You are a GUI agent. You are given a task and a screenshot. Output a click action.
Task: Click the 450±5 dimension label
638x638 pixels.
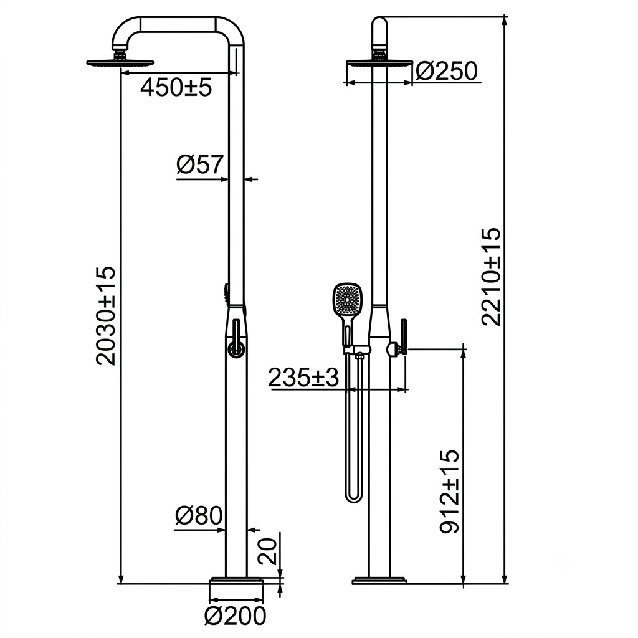pos(176,87)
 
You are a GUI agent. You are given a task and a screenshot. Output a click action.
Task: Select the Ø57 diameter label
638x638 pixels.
pos(200,164)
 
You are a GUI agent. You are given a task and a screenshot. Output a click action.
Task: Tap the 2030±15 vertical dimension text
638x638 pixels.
pos(106,316)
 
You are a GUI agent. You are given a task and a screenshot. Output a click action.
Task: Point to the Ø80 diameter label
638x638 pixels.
pos(199,515)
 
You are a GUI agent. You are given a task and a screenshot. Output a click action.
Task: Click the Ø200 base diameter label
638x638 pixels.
pos(235,616)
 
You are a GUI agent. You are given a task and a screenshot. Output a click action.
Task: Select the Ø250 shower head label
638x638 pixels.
pos(446,72)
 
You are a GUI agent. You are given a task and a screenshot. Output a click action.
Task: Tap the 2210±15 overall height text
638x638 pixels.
pos(490,277)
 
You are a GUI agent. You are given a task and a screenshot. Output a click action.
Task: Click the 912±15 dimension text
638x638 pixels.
pos(449,492)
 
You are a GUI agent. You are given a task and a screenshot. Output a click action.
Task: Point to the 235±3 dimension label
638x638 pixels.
pos(303,378)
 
